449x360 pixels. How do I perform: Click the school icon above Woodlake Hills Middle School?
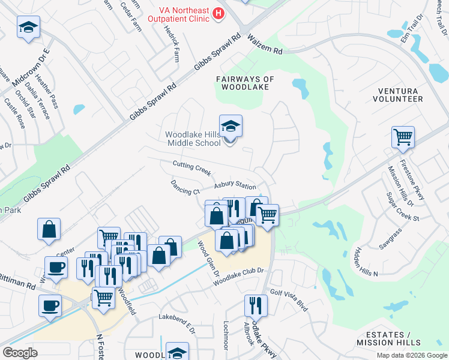click(231, 127)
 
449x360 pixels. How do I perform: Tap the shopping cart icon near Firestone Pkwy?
click(403, 136)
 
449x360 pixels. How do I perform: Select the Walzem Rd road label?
click(265, 47)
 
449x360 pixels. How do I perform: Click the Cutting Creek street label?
click(192, 168)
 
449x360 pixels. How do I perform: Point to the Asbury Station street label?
click(235, 186)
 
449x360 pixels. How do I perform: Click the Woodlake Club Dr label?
click(238, 275)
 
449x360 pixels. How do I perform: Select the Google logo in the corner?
click(20, 353)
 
